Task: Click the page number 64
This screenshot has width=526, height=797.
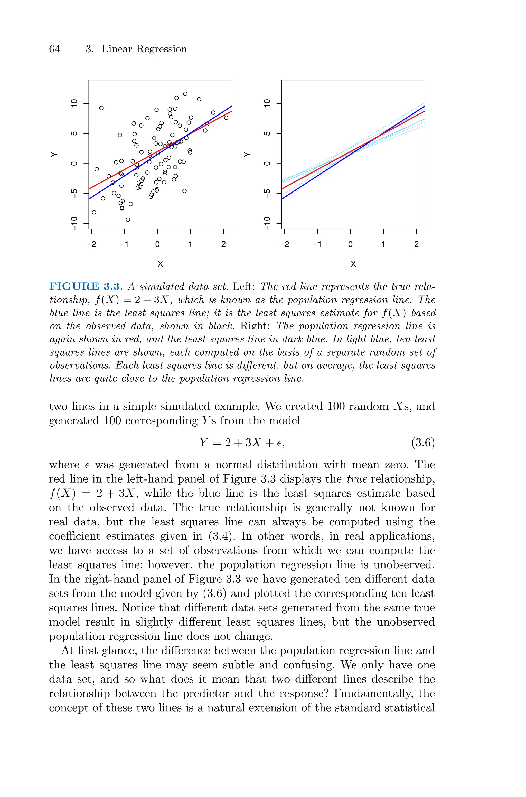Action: [54, 49]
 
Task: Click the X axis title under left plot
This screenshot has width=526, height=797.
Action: [160, 264]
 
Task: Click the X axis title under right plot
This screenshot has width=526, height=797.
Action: [353, 264]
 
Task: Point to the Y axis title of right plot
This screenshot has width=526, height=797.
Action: [247, 155]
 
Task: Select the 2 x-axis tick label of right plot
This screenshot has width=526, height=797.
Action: [416, 244]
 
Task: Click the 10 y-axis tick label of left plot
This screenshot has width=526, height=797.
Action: [74, 103]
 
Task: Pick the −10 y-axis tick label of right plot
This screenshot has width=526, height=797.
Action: [267, 223]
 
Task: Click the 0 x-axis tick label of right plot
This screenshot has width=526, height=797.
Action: [350, 244]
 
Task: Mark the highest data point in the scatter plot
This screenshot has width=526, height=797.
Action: [185, 94]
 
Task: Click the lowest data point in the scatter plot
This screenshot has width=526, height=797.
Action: [128, 220]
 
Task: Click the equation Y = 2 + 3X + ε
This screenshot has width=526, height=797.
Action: [242, 443]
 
